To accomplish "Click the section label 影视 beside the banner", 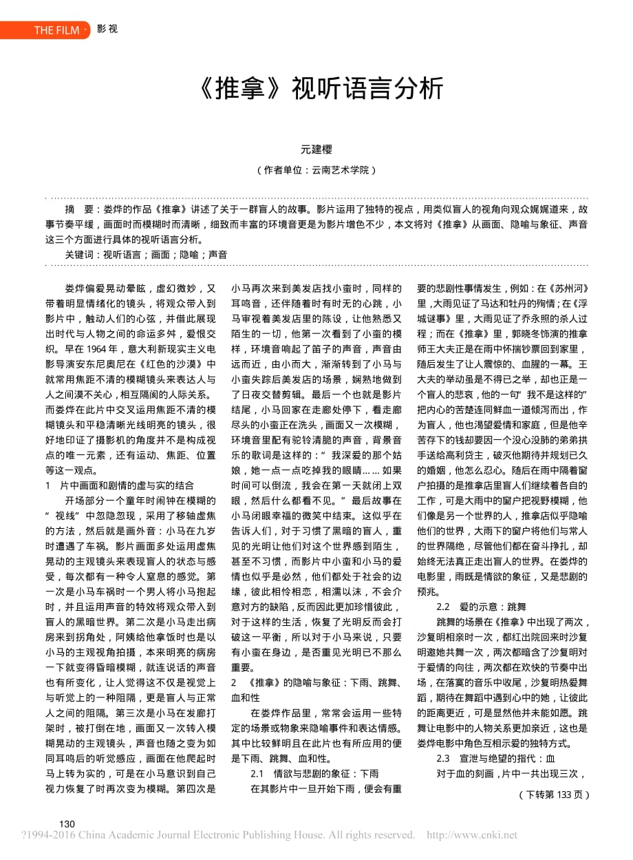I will tap(108, 30).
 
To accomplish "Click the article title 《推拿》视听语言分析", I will tap(316, 89).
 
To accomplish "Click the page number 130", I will tap(67, 824).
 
